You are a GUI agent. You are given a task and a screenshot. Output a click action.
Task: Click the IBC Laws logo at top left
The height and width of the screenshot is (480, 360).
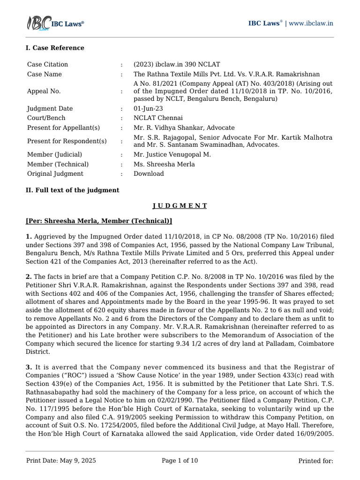coord(54,23)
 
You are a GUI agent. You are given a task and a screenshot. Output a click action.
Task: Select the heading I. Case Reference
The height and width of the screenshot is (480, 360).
coord(55,48)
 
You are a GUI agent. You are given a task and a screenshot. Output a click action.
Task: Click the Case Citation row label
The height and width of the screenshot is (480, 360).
coord(47,64)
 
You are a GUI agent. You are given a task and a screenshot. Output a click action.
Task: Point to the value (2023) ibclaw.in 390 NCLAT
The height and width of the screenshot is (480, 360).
coord(177,64)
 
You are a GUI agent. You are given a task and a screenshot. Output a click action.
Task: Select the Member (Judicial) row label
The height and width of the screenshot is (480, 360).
coord(54,154)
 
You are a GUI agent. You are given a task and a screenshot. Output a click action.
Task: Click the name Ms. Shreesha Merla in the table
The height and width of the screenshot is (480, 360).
coord(164,164)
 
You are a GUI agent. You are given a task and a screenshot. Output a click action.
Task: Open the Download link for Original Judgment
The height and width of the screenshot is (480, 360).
coord(149,173)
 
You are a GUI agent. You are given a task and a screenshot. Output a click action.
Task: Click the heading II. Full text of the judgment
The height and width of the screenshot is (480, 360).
coord(72,190)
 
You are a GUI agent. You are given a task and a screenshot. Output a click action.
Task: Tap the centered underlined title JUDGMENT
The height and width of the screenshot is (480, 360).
coord(180,206)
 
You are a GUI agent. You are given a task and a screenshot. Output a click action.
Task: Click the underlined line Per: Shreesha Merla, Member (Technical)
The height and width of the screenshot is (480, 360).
coord(99,221)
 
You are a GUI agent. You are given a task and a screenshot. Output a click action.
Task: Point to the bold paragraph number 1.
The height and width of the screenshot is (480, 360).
coord(29,236)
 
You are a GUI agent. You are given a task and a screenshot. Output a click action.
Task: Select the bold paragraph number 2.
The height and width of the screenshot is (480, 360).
coord(29,277)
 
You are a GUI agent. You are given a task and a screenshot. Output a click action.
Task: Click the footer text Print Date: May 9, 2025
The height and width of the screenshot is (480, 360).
coord(61,461)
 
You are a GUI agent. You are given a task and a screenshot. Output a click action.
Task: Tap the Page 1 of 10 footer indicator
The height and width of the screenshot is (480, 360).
coord(180,461)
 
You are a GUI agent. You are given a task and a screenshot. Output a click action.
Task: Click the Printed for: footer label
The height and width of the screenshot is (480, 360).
coord(315,461)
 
